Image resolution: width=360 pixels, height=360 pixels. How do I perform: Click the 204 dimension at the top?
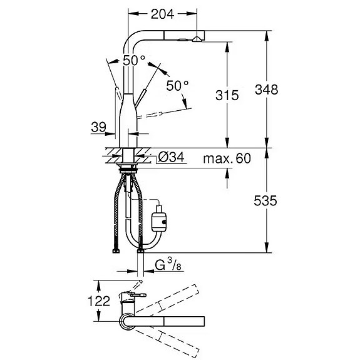162,14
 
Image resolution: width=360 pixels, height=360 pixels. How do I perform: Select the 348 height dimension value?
266,90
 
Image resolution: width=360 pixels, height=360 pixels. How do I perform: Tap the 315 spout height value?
227,95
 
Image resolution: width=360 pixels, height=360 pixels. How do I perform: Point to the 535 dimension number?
265,201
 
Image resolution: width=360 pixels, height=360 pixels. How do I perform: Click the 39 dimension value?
99,127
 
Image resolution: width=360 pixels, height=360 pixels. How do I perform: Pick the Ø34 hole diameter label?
172,158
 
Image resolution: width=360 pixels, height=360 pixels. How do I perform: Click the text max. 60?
227,158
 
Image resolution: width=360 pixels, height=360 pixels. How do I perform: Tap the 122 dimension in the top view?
99,301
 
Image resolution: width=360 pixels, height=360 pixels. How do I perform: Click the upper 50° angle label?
134,61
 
